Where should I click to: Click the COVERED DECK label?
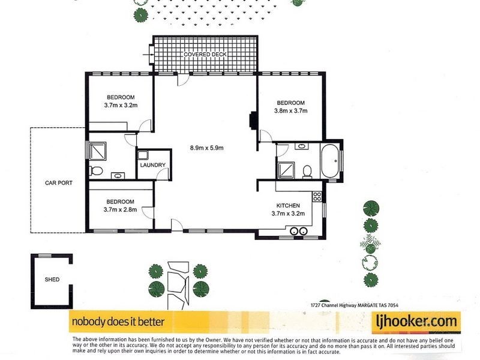coord(205,54)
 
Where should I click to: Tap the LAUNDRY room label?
coord(153,165)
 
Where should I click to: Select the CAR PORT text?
coord(59,183)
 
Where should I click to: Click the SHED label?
coord(52,280)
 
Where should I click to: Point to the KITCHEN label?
coord(288,206)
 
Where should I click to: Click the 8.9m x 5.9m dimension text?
coord(206,148)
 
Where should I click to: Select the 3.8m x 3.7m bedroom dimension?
coord(291,111)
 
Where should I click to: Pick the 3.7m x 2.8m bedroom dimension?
coord(121,209)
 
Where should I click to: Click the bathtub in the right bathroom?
coord(329,161)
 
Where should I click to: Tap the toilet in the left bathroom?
coord(96,170)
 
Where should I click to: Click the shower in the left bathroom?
coord(97,151)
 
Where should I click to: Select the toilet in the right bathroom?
coord(307,172)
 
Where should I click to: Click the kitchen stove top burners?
coord(317,196)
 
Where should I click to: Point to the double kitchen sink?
coord(298,231)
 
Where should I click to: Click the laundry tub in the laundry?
coord(143,155)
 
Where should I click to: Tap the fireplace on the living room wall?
coord(253,119)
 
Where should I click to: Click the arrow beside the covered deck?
coord(148,55)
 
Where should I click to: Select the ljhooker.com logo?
coord(416,321)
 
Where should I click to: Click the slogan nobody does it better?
coord(118,322)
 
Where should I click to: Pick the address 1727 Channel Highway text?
coord(354,305)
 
